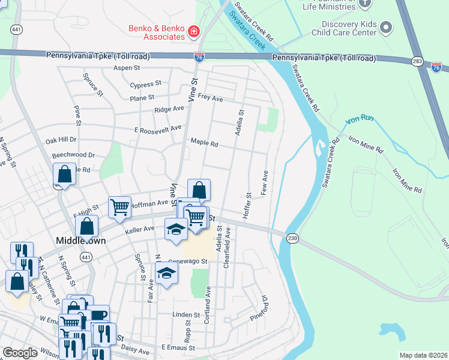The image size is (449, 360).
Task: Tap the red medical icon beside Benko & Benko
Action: tap(194, 31)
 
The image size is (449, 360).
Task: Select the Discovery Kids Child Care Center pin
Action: tap(387, 27)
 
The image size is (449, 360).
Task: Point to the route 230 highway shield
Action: tap(292, 238)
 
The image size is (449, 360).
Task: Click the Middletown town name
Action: tap(80, 240)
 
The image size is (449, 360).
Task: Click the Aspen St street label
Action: tap(126, 68)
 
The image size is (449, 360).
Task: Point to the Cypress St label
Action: tap(146, 84)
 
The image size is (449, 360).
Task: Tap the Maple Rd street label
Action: tap(204, 143)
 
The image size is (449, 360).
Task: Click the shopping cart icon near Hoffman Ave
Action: tap(119, 207)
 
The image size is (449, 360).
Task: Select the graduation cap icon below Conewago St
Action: tap(167, 274)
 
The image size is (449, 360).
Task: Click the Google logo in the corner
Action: tap(20, 353)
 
